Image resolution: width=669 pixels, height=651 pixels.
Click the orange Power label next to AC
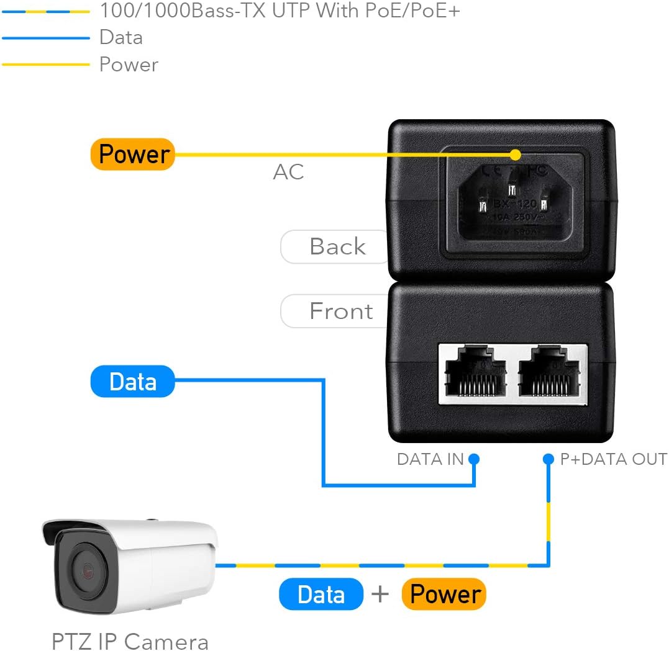(133, 154)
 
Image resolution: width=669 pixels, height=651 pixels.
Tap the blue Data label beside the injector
(133, 382)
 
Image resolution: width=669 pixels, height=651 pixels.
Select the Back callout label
(337, 247)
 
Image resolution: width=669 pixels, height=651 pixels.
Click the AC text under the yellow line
(289, 172)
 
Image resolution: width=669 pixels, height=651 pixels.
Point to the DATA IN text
(430, 459)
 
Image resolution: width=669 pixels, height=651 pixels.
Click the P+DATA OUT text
(613, 459)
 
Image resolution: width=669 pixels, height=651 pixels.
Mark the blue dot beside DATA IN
(474, 459)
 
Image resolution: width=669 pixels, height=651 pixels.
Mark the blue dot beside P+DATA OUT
(548, 459)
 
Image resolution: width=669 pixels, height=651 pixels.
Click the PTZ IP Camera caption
(130, 640)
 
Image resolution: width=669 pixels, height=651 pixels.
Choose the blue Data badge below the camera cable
(321, 595)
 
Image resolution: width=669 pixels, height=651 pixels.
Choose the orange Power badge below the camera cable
(444, 595)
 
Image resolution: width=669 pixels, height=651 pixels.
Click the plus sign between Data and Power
(380, 595)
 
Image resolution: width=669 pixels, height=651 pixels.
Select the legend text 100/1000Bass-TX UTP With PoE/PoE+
(280, 11)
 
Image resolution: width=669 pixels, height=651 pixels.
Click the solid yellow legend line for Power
(46, 65)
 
